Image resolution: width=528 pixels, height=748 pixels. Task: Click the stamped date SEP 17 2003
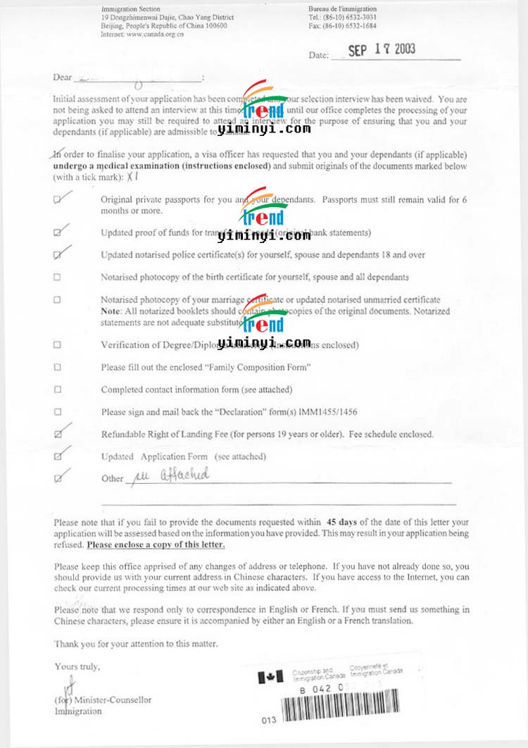[x=382, y=51]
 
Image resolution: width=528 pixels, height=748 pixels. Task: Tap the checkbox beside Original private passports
[x=58, y=200]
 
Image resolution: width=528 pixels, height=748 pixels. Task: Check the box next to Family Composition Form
[x=58, y=367]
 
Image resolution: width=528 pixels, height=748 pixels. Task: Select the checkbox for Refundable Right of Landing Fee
[x=58, y=435]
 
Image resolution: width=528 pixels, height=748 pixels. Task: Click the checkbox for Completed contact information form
[x=58, y=389]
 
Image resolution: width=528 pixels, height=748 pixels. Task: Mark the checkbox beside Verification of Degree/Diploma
[x=58, y=344]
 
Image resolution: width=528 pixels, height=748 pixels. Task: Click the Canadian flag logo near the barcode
[x=267, y=677]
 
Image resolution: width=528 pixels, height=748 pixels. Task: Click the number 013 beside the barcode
[x=268, y=721]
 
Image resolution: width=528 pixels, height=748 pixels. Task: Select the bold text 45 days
[x=344, y=522]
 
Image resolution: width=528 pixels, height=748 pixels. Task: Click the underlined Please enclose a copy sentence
[x=156, y=545]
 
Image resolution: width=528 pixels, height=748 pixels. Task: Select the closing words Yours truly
[x=77, y=666]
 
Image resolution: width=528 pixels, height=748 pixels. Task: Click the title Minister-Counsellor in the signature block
[x=113, y=700]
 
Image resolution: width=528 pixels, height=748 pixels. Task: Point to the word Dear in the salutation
[x=63, y=77]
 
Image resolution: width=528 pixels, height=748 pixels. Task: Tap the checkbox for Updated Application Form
[x=58, y=457]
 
